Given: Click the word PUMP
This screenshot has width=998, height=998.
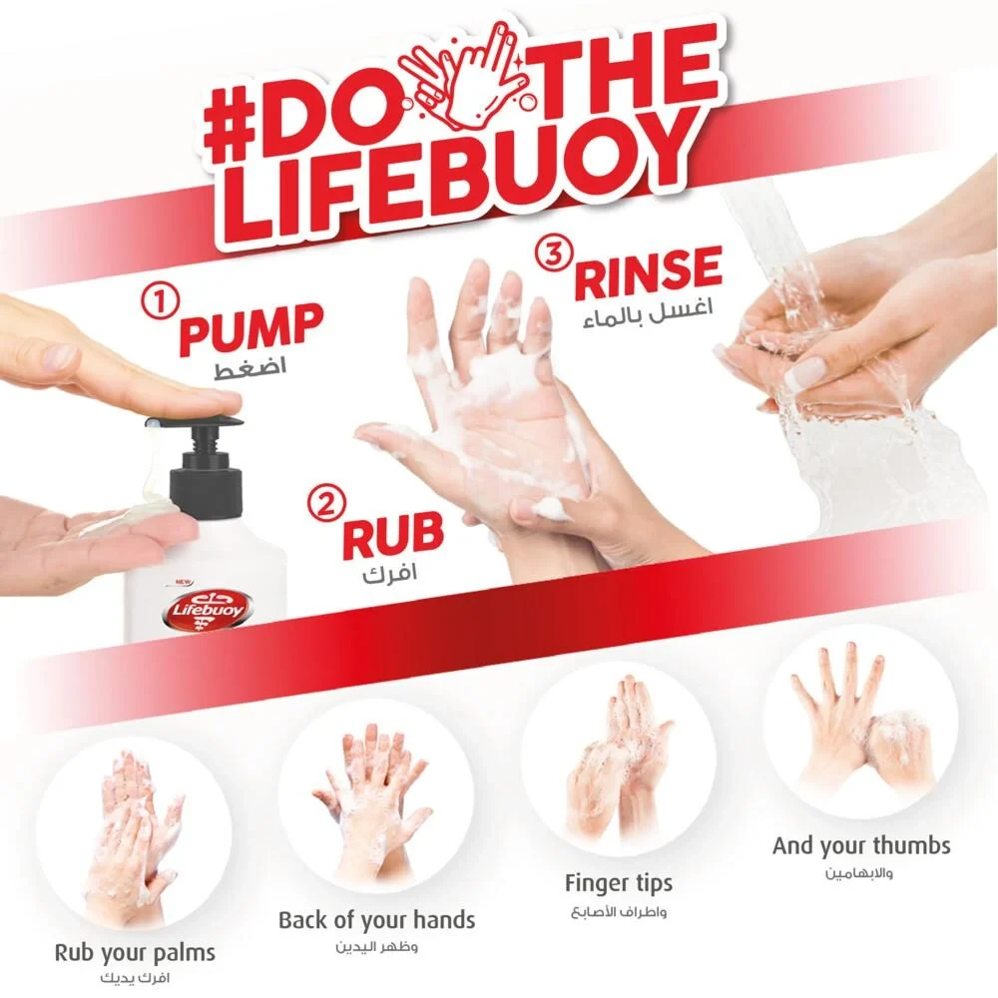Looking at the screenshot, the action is pos(251,328).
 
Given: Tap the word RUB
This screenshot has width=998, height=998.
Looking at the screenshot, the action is pos(392,535).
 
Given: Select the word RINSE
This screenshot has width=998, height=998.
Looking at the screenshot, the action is pos(648,273).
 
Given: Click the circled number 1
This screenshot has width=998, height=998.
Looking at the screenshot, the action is pos(160,301).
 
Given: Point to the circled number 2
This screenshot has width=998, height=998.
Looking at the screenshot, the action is pos(326,504).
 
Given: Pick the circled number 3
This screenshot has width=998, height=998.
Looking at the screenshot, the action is pos(554,253).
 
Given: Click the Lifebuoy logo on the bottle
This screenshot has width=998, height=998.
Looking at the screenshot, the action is pos(206,609).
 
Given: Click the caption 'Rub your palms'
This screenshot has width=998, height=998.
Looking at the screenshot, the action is pos(135,953).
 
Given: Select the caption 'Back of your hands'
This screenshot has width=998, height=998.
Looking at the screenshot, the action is pos(377,920).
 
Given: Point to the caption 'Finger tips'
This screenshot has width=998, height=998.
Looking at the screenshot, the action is pos(619,883).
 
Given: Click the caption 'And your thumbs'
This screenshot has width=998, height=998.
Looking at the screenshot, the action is pos(862,846).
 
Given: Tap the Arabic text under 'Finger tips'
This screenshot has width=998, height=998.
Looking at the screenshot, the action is pos(619,912).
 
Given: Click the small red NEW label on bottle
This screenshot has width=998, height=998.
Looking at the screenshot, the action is pos(184,582).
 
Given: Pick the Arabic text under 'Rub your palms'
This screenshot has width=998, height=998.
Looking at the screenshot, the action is pos(135,978).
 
